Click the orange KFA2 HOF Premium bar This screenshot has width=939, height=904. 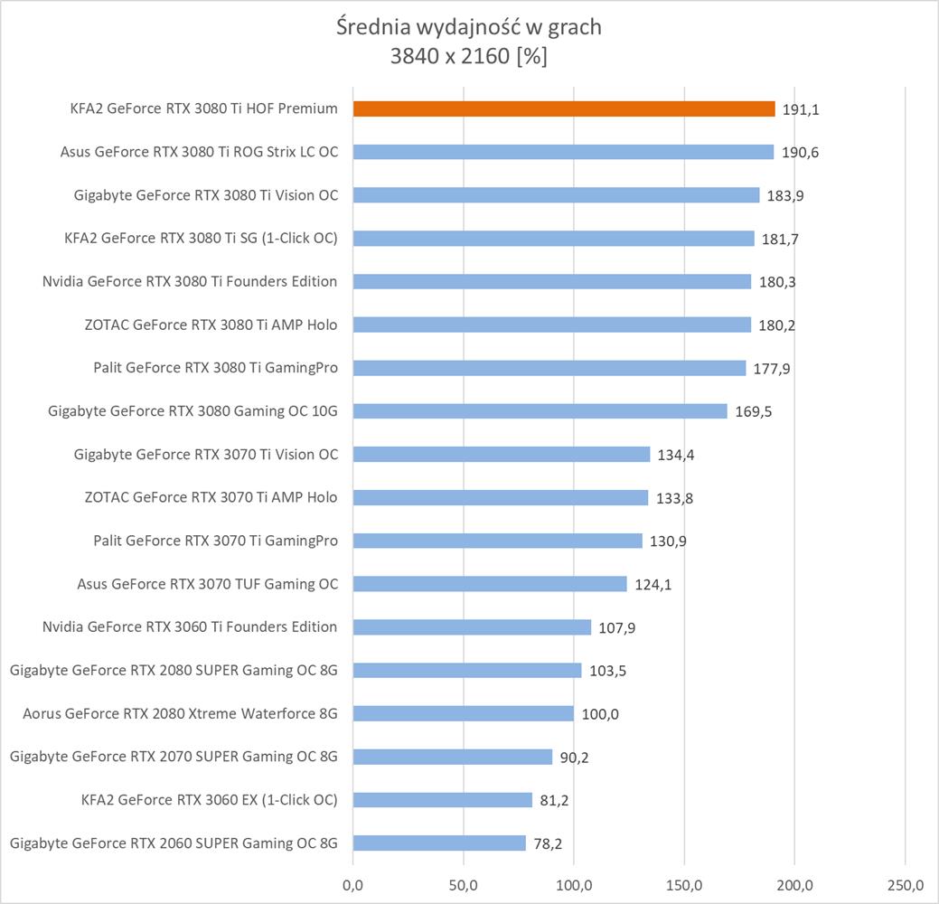[x=564, y=108]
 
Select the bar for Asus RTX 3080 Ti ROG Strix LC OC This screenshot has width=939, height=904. [x=563, y=152]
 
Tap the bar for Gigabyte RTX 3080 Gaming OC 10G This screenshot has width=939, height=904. [x=540, y=411]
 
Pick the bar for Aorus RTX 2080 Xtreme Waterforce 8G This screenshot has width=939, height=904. [x=463, y=714]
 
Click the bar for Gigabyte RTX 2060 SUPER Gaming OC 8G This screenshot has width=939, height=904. [x=439, y=843]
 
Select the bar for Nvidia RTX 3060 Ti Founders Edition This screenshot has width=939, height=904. [x=472, y=627]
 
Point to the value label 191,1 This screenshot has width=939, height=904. [x=801, y=109]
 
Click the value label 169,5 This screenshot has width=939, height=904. [x=753, y=412]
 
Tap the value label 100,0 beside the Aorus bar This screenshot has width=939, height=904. [x=600, y=715]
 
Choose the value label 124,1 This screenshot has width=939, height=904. [x=653, y=585]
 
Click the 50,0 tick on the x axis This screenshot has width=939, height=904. [x=463, y=883]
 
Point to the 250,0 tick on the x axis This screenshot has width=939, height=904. [x=906, y=883]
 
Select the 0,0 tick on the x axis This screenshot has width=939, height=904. [x=352, y=883]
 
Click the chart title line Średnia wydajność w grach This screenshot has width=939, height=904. [x=468, y=27]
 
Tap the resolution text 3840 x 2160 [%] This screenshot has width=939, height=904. [x=468, y=56]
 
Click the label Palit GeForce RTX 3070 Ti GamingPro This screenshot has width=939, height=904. [x=215, y=541]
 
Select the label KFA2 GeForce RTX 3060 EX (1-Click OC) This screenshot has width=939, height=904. [x=209, y=800]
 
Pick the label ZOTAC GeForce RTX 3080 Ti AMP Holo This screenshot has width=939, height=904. [x=211, y=325]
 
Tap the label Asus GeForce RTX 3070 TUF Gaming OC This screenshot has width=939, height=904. [x=208, y=584]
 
